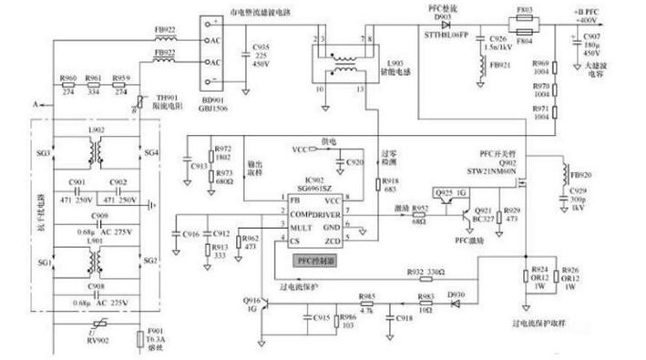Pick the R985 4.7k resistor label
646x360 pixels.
coord(366,297)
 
